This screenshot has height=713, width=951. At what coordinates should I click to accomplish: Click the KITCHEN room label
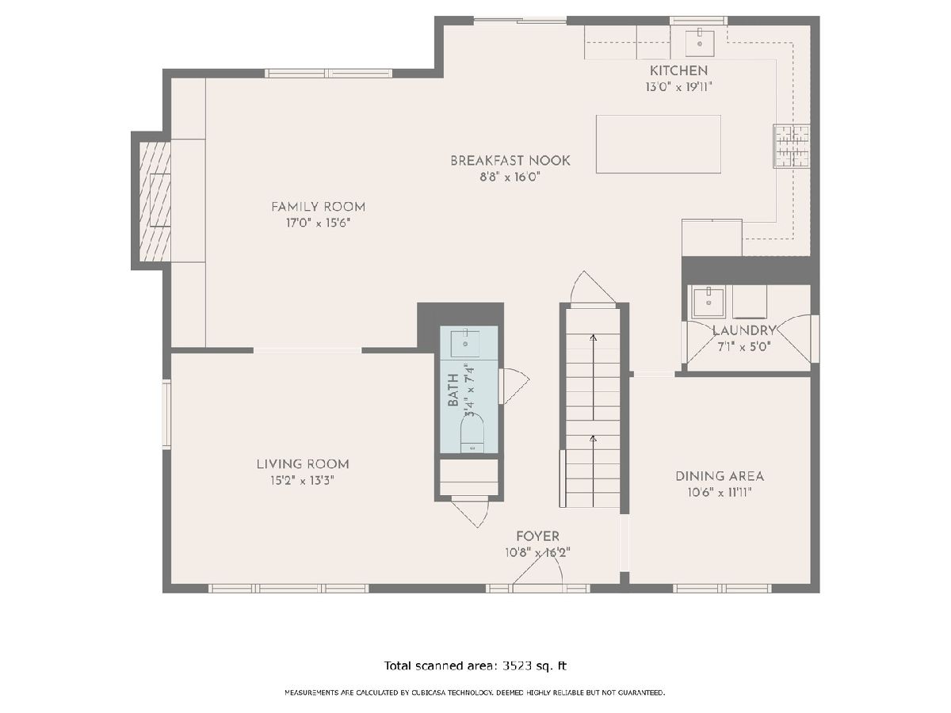[x=678, y=71]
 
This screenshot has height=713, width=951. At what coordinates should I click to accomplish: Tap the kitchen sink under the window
[x=699, y=43]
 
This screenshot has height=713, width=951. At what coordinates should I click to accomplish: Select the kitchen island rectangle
[x=658, y=144]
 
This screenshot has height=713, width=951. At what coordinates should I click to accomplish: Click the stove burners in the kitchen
[x=792, y=147]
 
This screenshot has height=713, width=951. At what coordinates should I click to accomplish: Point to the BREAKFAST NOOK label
[x=510, y=161]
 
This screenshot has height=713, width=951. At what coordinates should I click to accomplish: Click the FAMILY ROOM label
[x=318, y=207]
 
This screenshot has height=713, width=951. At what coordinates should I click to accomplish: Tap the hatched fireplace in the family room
[x=155, y=201]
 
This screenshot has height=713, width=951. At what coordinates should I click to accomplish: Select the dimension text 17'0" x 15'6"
[x=318, y=223]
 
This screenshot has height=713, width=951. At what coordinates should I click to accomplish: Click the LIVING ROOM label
[x=303, y=464]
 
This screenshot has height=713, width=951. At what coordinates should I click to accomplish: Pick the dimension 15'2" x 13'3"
[x=303, y=481]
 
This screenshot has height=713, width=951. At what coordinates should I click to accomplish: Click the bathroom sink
[x=465, y=344]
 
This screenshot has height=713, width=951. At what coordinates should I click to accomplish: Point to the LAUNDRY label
[x=743, y=330]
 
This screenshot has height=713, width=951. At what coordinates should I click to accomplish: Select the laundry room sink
[x=708, y=303]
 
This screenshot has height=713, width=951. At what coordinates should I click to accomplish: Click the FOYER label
[x=537, y=536]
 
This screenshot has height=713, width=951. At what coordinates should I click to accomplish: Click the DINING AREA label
[x=720, y=476]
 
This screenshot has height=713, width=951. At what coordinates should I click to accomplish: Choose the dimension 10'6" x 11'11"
[x=720, y=493]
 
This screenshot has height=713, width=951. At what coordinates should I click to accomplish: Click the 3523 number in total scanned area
[x=517, y=665]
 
